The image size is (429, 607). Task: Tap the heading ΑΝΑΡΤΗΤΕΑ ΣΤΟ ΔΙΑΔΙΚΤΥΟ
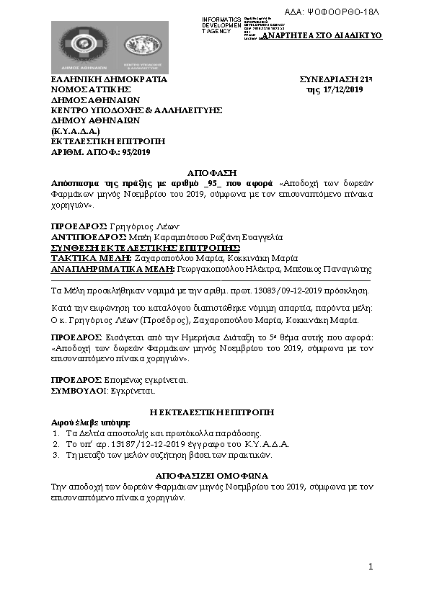(322, 35)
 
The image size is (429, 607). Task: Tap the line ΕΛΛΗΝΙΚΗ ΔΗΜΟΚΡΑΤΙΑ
(108, 79)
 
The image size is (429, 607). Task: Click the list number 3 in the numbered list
(56, 455)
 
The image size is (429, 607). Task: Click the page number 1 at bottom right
(371, 568)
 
